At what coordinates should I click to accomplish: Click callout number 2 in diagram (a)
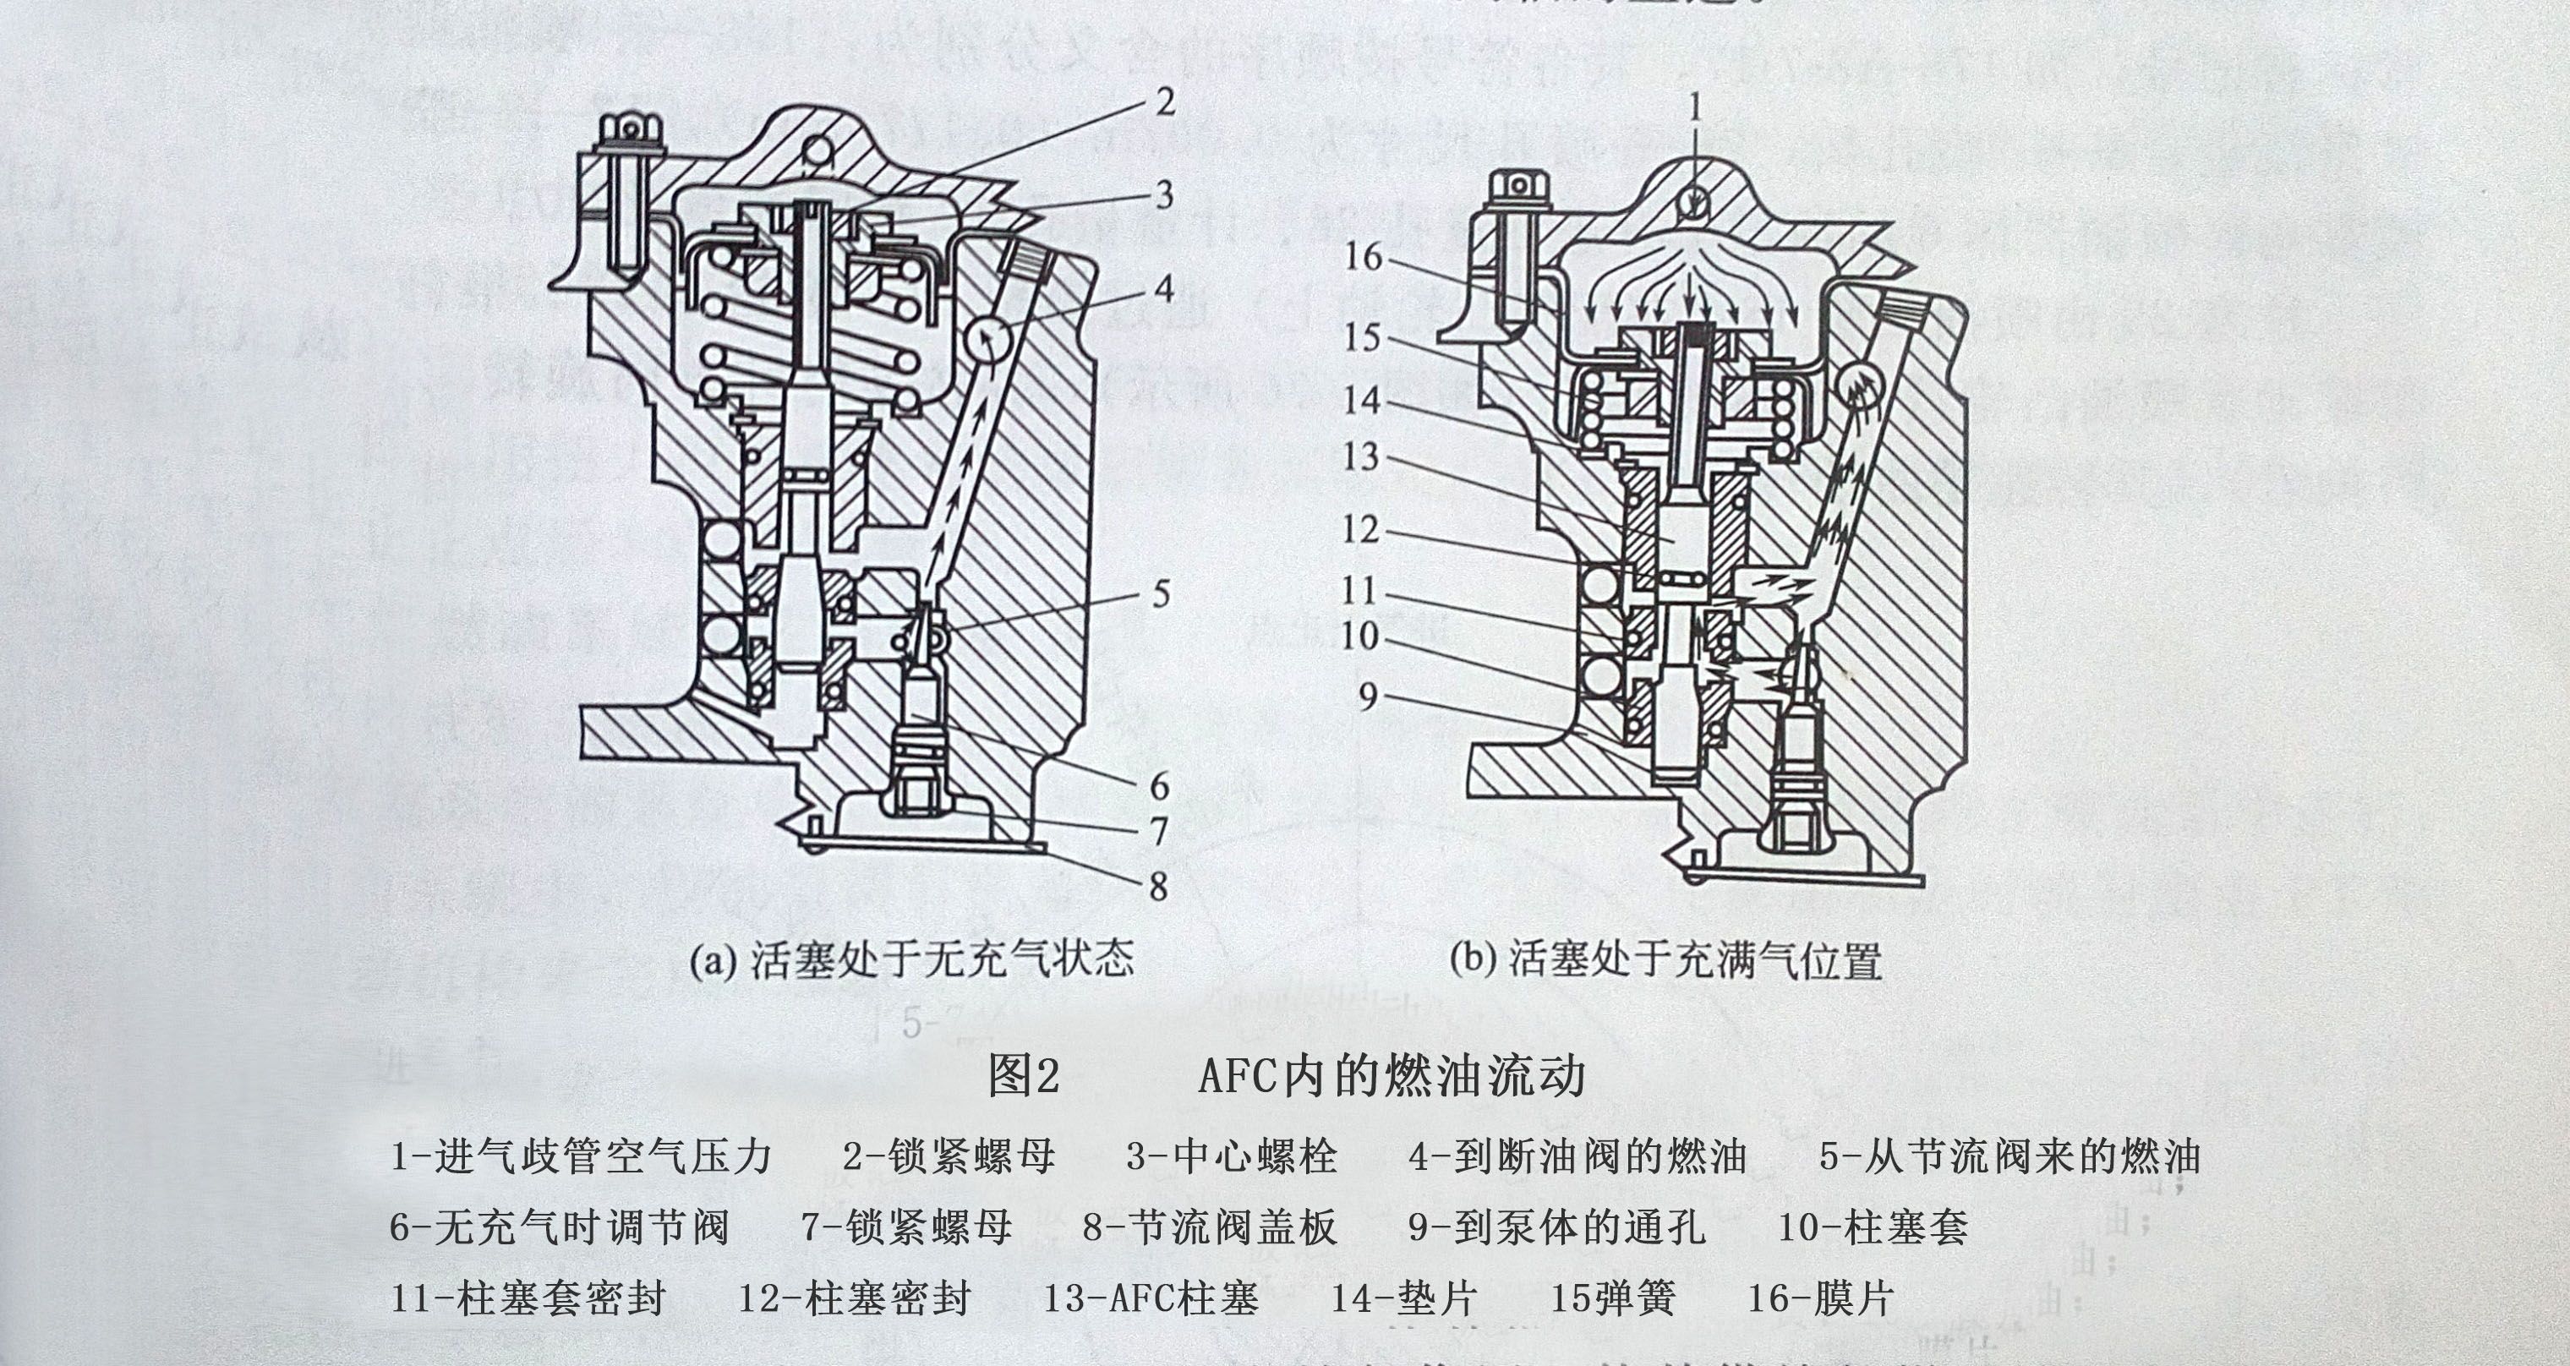point(1164,101)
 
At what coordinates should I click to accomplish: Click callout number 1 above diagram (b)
point(1694,107)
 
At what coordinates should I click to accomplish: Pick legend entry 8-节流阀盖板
point(1209,1227)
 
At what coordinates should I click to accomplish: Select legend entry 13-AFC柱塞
point(1151,1298)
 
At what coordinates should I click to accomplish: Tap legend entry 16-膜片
point(1820,1298)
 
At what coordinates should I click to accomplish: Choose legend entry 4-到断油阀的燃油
point(1578,1156)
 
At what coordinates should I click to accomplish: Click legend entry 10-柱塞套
point(1873,1227)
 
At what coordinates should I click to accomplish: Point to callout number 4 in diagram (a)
point(1163,289)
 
